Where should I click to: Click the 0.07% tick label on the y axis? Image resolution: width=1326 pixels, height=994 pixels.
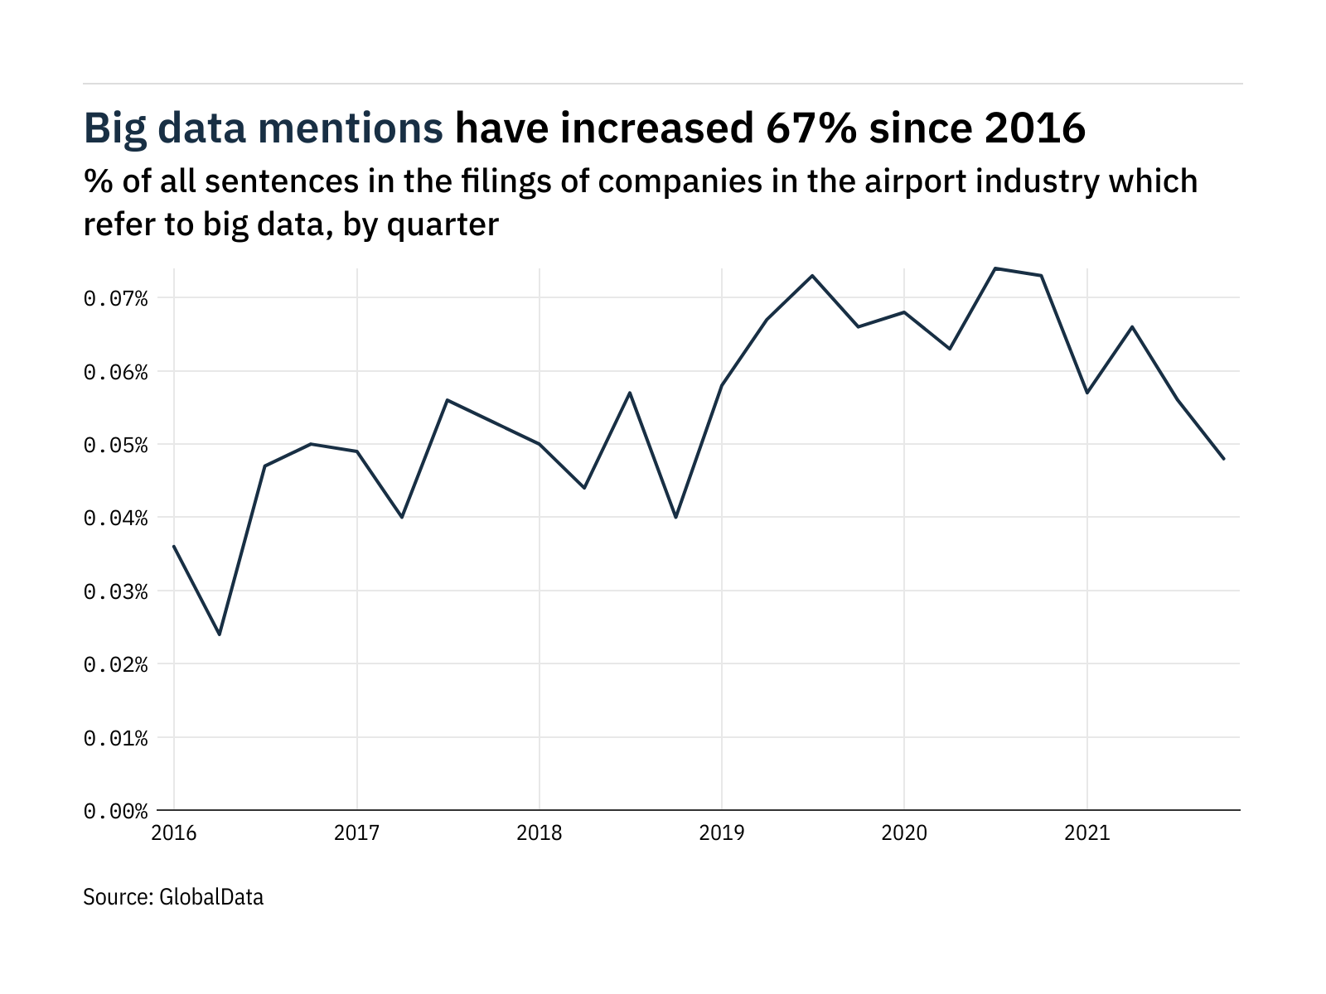point(115,298)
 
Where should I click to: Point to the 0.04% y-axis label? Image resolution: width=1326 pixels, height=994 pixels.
point(115,518)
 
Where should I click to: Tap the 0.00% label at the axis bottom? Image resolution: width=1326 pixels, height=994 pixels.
point(115,811)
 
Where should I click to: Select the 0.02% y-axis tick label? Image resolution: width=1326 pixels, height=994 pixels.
point(115,664)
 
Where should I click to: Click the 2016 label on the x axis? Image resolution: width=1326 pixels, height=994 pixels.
point(174,832)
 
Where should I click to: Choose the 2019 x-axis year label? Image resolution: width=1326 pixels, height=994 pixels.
point(722,832)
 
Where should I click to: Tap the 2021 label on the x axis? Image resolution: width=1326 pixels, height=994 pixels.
point(1086,832)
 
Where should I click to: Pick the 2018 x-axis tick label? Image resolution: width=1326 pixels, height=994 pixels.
point(540,832)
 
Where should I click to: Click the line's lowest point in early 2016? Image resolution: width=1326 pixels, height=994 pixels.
point(220,635)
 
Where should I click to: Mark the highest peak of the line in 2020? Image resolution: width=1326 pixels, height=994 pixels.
point(995,268)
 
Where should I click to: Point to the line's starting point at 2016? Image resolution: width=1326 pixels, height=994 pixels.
point(174,546)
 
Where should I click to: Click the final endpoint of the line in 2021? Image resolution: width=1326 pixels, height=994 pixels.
point(1223,459)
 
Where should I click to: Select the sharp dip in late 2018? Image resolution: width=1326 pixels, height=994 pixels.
point(676,517)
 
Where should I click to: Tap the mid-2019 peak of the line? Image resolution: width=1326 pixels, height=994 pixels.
point(812,276)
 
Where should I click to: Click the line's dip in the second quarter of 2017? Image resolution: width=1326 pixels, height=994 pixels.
point(402,517)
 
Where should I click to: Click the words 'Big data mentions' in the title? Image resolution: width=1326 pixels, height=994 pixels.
point(264,129)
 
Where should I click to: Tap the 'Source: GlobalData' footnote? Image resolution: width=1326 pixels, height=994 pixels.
point(173,897)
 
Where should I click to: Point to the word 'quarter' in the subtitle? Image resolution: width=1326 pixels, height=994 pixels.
point(443,224)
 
